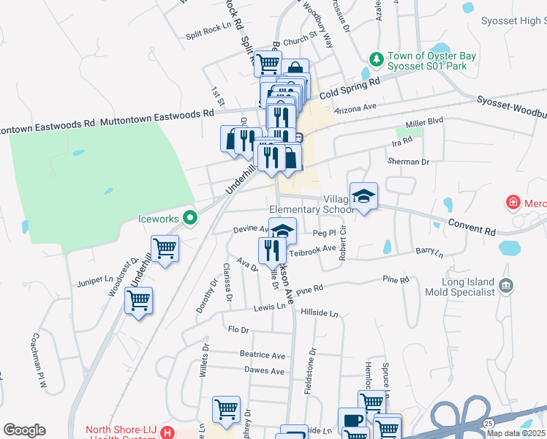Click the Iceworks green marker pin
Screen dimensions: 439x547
[190, 217]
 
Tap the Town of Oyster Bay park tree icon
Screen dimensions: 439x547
[377, 58]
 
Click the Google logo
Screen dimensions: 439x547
[24, 430]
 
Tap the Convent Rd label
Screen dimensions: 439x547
[473, 228]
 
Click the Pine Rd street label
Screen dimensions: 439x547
[395, 279]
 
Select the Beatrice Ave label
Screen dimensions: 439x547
[263, 355]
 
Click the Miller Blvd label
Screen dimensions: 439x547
[425, 120]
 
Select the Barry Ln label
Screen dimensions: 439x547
[429, 252]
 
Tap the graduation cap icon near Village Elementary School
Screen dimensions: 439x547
[363, 196]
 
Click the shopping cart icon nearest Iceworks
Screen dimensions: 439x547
[165, 247]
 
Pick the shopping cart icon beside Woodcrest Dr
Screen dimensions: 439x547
[138, 299]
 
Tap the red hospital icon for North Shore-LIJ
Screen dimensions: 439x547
[169, 433]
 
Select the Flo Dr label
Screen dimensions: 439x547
[238, 330]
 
